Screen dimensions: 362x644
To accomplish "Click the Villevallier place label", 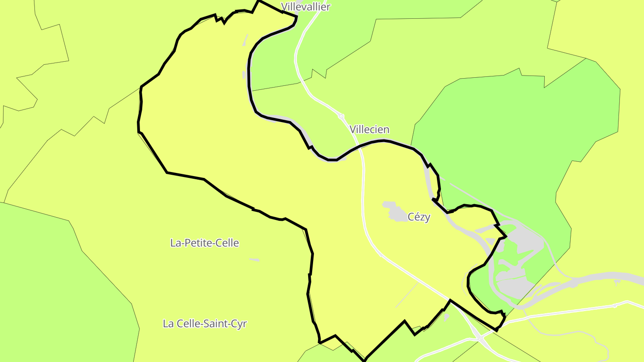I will coord(305,7).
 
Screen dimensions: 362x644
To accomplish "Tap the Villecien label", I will coord(370,130).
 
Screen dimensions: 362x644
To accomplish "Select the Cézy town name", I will coord(419,217).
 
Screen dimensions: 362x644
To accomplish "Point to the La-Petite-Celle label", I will coord(204,243).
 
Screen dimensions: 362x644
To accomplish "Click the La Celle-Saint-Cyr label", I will coord(204,324).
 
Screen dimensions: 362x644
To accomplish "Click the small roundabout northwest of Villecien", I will coord(341,116).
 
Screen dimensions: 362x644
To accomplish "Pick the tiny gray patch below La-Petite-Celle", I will coord(254,260).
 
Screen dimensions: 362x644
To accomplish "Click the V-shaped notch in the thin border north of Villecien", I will coord(318,73).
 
